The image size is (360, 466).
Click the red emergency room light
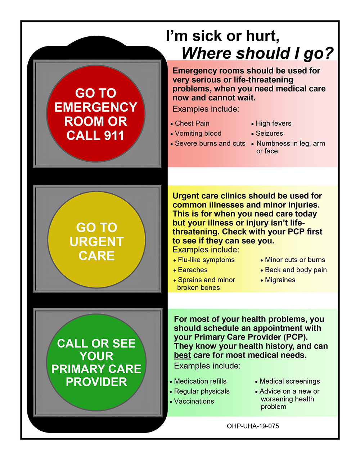(x=96, y=114)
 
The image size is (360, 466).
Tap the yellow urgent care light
(x=96, y=240)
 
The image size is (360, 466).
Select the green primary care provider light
(x=96, y=362)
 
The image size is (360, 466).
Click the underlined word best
(x=182, y=355)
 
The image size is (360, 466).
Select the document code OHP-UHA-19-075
(x=253, y=426)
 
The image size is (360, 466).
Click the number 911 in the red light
(x=114, y=135)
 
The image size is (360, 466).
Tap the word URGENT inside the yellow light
(x=96, y=242)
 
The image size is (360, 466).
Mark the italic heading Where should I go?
(x=257, y=53)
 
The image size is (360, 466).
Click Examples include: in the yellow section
(x=206, y=250)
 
